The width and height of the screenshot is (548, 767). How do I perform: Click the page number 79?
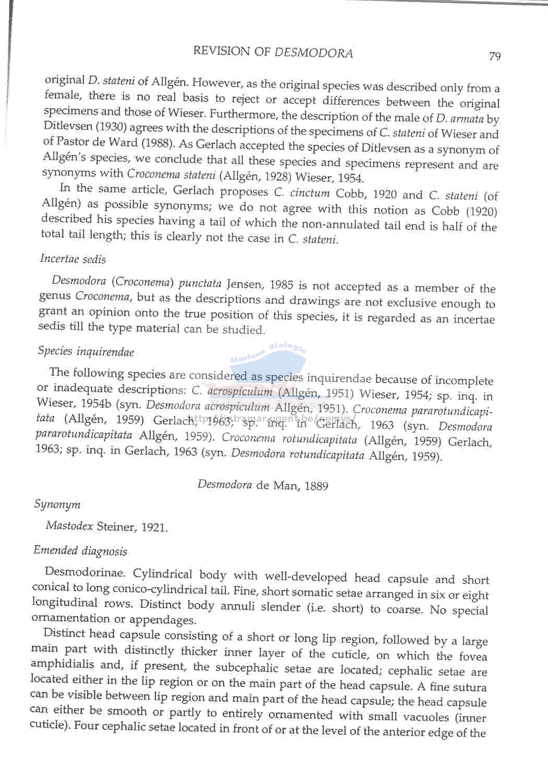[x=495, y=56]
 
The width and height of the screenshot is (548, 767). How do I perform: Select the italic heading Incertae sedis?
[x=73, y=259]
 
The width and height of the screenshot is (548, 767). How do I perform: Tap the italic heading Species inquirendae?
[x=86, y=351]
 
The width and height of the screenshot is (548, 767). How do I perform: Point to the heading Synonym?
[x=57, y=504]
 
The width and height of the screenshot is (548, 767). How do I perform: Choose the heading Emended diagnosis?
[x=80, y=551]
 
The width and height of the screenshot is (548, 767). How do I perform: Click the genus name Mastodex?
[x=69, y=525]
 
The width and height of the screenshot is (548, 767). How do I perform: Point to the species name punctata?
[x=200, y=284]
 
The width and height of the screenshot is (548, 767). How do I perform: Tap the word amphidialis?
[x=63, y=664]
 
